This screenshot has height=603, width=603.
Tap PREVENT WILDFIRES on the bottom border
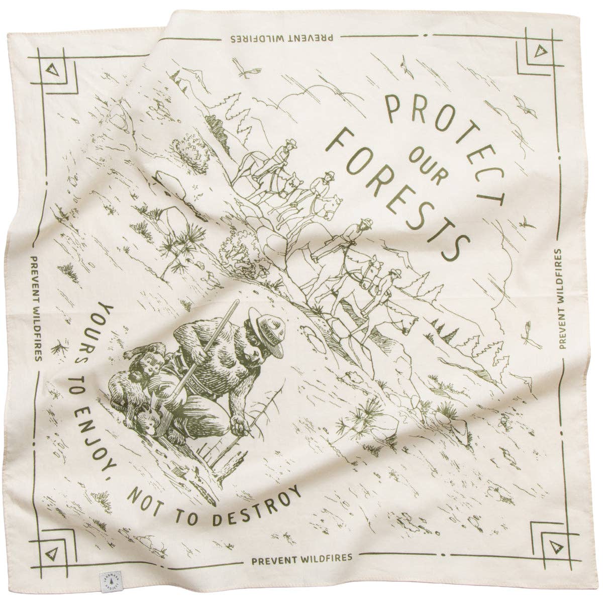pos(301,556)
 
